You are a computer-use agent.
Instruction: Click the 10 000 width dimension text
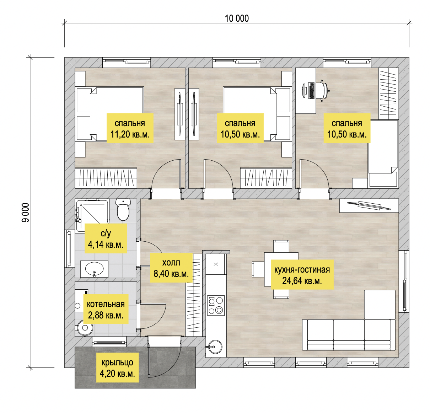pos(237,18)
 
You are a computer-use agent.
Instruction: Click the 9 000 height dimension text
pos(26,213)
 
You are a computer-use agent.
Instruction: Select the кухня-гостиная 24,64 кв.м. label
pos(302,275)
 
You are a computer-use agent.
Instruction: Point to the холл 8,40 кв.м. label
pos(171,268)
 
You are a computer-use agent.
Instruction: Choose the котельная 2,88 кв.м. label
pos(106,309)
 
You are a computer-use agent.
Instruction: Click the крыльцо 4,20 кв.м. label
pos(117,368)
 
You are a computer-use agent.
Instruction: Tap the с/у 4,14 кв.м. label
pos(106,238)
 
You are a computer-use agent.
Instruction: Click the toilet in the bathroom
pos(123,209)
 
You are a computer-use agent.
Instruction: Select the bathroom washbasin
pos(94,269)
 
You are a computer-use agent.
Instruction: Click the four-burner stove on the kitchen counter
pos(216,305)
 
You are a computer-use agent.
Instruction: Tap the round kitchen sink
pos(215,347)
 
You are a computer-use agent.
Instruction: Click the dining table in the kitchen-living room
pos(281,269)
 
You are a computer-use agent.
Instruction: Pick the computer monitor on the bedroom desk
pos(304,91)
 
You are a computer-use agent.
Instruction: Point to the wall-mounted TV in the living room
pos(369,205)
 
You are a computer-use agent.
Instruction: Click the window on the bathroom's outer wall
pos(69,248)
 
